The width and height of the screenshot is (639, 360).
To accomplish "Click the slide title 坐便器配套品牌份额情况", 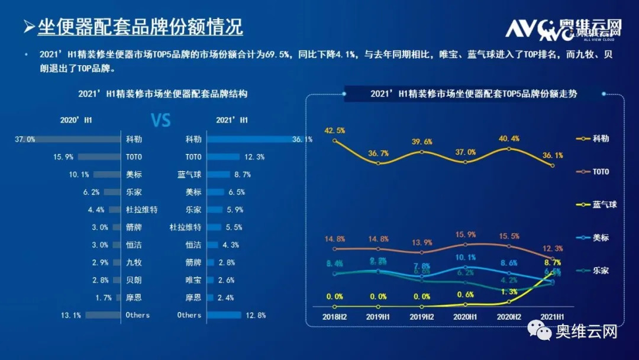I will [140, 27].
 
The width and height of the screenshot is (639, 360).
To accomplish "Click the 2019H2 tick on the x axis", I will [422, 317].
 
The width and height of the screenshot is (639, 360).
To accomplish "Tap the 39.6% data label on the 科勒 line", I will [422, 142].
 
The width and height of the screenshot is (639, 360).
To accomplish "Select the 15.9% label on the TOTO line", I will [465, 234].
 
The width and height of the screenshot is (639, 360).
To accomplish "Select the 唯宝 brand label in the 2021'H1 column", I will [193, 280].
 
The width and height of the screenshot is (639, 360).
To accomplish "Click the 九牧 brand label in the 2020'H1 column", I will [134, 262].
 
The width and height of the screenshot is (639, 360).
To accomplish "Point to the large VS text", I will [161, 121].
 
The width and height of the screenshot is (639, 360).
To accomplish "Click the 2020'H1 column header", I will [76, 120].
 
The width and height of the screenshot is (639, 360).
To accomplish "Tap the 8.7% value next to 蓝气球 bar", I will [242, 175].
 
